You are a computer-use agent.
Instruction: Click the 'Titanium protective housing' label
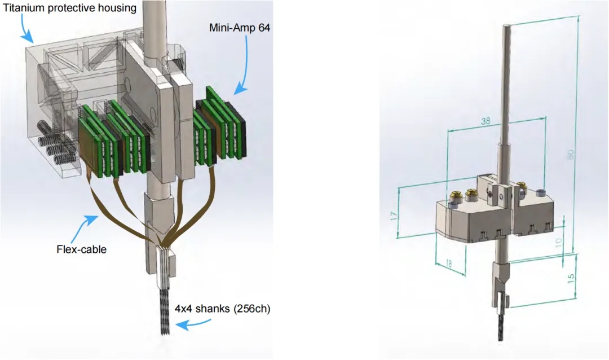pyautogui.click(x=70, y=8)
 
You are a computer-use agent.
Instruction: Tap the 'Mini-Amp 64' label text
pyautogui.click(x=240, y=28)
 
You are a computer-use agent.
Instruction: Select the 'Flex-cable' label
pyautogui.click(x=82, y=249)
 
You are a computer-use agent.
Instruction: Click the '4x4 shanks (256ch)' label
pyautogui.click(x=223, y=309)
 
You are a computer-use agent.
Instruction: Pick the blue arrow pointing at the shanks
pyautogui.click(x=193, y=323)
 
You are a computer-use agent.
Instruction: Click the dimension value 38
pyautogui.click(x=486, y=121)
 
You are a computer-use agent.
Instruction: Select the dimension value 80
pyautogui.click(x=570, y=155)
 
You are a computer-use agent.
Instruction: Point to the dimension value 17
pyautogui.click(x=394, y=216)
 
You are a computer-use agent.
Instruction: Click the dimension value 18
pyautogui.click(x=449, y=264)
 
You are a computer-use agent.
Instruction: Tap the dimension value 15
pyautogui.click(x=571, y=278)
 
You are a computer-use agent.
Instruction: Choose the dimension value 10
pyautogui.click(x=558, y=243)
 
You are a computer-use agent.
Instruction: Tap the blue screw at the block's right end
pyautogui.click(x=540, y=192)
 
